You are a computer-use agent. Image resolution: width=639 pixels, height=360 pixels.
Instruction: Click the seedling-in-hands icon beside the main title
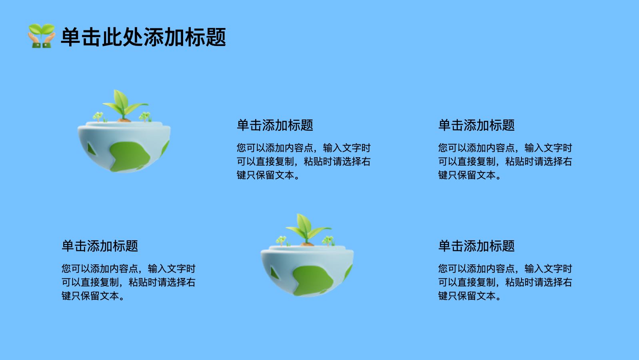(42, 36)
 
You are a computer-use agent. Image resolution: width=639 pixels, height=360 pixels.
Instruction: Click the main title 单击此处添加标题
(144, 37)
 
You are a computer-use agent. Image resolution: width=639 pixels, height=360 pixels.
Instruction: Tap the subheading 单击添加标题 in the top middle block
(275, 125)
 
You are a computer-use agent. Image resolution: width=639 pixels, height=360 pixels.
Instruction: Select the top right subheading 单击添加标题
(476, 125)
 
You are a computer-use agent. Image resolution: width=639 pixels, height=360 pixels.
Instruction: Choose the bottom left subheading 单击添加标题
(100, 246)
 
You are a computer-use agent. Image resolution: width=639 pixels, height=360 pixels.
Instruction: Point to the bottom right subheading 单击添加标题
(476, 246)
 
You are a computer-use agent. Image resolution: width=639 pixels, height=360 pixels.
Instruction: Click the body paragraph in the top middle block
(304, 162)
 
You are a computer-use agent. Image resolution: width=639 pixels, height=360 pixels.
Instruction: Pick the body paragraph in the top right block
(505, 162)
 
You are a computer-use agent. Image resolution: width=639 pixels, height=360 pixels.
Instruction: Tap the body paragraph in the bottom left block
(128, 282)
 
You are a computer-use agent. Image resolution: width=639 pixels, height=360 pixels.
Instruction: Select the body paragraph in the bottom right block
(505, 282)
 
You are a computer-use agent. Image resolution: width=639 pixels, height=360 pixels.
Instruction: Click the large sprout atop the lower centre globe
(308, 230)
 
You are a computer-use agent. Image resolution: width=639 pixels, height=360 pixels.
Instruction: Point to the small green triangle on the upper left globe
(91, 149)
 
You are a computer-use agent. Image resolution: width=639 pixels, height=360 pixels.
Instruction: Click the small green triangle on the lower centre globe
(274, 273)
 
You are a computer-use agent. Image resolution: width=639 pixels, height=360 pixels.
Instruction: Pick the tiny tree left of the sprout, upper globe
(98, 117)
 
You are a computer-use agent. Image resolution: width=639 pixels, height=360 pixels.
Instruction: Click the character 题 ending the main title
(216, 37)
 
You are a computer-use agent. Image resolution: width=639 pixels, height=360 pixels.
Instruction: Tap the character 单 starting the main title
(71, 37)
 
